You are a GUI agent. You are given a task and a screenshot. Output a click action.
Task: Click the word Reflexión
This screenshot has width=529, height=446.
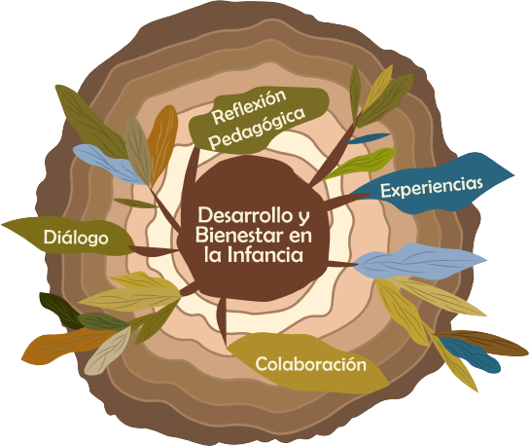249,106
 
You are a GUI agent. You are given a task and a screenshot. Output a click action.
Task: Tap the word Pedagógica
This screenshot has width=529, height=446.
257,129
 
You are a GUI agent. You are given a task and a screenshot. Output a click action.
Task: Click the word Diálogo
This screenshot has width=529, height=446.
76,238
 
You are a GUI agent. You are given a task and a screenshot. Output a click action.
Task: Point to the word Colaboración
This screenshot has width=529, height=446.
311,364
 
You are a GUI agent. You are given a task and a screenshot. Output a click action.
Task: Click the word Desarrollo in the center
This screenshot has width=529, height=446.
245,215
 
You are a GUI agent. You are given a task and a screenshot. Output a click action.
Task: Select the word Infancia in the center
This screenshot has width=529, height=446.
265,254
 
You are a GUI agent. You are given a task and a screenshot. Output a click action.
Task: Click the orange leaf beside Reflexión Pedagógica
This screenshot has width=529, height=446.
162,143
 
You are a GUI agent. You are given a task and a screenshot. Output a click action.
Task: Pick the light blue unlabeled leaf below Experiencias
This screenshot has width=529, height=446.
418,261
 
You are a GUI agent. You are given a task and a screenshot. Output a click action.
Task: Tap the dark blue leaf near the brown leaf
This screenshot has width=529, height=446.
470,354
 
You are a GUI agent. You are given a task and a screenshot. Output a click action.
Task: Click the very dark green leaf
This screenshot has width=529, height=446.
59,310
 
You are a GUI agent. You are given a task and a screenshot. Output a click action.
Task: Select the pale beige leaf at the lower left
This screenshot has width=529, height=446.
107,352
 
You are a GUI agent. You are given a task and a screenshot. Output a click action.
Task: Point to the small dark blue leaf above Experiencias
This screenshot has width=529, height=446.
367,138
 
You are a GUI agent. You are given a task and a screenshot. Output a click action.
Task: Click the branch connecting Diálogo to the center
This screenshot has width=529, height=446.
154,250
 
